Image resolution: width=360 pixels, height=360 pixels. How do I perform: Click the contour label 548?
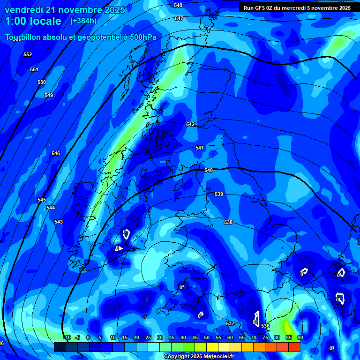tap(178, 5)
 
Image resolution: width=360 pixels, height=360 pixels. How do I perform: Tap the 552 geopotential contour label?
tap(28, 55)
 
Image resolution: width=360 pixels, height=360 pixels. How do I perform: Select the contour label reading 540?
tap(209, 170)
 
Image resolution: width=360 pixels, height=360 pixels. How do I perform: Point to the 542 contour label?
tap(190, 124)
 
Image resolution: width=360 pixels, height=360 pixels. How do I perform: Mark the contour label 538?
tap(228, 222)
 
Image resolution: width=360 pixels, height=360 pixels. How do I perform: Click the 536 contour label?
tap(265, 326)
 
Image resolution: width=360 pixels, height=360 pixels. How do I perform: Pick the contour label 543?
tap(59, 222)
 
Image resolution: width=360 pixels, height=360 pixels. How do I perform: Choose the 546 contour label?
tap(56, 153)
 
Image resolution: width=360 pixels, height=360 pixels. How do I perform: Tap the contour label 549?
tap(49, 95)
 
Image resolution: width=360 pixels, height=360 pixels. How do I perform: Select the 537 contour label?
tap(230, 323)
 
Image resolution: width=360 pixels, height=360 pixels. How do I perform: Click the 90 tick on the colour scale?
tap(300, 337)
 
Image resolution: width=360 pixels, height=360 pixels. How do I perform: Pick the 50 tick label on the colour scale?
tap(207, 337)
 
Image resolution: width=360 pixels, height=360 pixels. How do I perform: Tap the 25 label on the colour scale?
tap(148, 337)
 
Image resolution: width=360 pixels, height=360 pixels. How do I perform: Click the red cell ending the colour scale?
tap(294, 347)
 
